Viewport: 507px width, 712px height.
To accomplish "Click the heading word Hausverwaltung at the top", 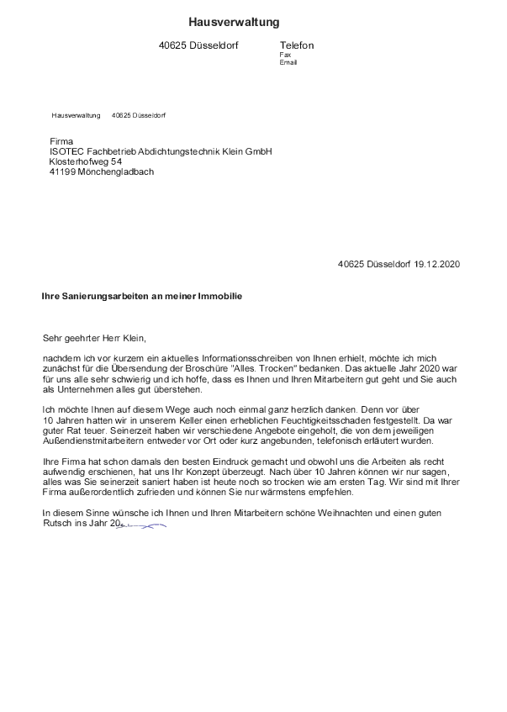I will [234, 21].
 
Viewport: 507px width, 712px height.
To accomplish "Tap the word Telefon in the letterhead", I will [296, 45].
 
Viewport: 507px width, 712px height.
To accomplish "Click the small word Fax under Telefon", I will [284, 55].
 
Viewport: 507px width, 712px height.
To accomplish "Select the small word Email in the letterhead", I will [288, 62].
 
